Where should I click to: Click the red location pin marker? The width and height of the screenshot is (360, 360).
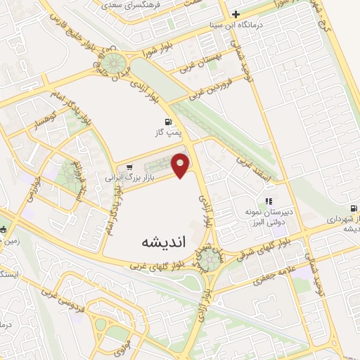click(x=181, y=165)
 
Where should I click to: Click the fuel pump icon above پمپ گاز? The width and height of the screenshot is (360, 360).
click(x=167, y=120)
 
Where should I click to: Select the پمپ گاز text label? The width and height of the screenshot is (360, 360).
click(x=167, y=131)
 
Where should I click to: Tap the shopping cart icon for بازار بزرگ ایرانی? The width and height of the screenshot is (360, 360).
click(x=129, y=167)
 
